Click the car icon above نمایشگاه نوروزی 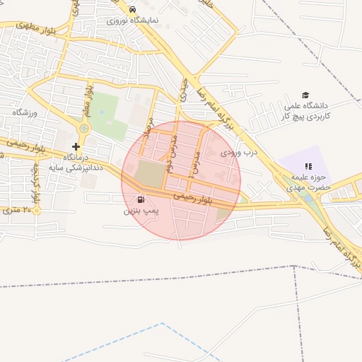pyautogui.click(x=133, y=9)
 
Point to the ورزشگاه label pyautogui.click(x=24, y=112)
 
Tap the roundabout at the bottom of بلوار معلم pyautogui.click(x=85, y=128)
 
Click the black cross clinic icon pyautogui.click(x=76, y=146)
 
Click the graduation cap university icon pyautogui.click(x=305, y=95)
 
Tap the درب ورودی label pyautogui.click(x=241, y=151)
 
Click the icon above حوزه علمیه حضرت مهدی pyautogui.click(x=308, y=165)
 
